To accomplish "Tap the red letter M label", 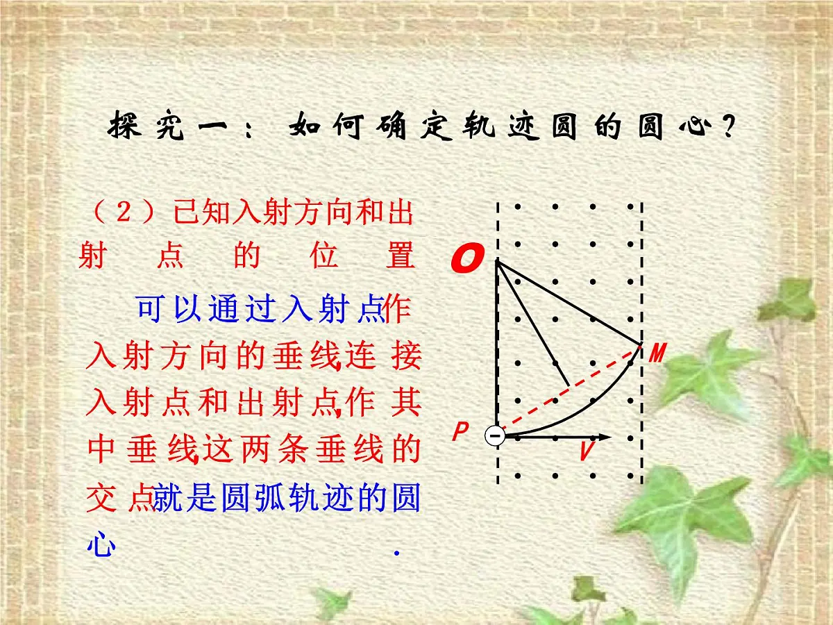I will coord(657,353).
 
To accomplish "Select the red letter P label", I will coord(460,433).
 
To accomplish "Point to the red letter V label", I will coord(587,452).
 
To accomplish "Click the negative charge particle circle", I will coord(495,436).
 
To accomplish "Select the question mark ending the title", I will coord(727,129).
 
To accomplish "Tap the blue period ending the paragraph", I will coord(396,553).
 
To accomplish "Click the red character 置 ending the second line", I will coord(401,256).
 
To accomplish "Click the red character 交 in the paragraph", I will coord(101,498).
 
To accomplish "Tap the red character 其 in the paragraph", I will coord(405,403).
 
